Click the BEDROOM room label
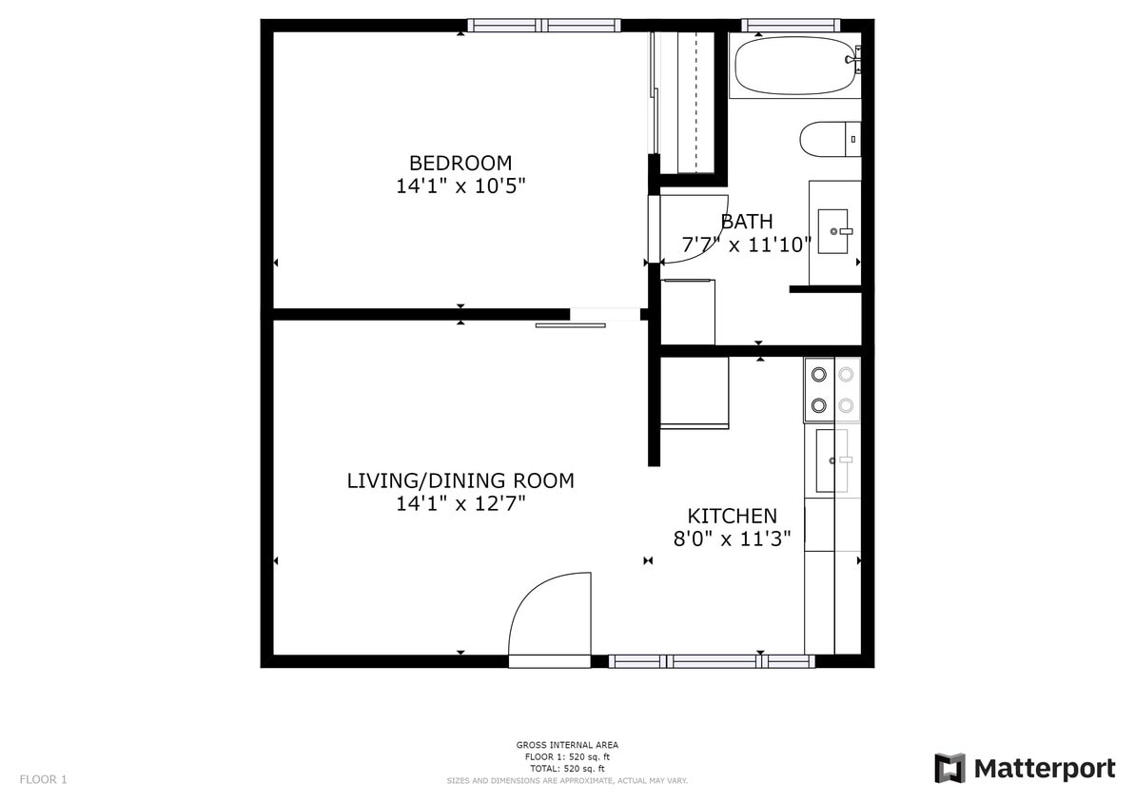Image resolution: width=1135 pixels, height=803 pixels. tap(460, 163)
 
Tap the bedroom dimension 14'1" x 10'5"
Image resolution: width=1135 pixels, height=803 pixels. tap(460, 186)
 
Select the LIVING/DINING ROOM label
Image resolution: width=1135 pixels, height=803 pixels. tap(460, 480)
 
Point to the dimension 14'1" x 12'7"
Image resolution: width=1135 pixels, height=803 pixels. tap(460, 503)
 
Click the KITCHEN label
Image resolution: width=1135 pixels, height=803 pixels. tap(732, 516)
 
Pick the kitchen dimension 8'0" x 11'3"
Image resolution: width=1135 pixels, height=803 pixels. tap(732, 539)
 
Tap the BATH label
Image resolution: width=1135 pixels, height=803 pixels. tap(747, 222)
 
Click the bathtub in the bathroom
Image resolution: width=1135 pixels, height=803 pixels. tap(794, 66)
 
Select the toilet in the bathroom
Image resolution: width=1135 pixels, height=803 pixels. tap(829, 139)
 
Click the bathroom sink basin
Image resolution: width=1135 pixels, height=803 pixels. tap(833, 231)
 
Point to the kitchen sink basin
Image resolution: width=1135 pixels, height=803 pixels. tap(832, 460)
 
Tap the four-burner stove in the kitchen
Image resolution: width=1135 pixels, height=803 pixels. tap(832, 390)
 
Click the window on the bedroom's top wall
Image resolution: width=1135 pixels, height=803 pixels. tap(543, 26)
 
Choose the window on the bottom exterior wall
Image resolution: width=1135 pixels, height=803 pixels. tap(712, 661)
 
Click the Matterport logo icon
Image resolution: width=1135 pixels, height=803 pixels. tap(949, 768)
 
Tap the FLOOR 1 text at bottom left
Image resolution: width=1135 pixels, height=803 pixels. tap(44, 780)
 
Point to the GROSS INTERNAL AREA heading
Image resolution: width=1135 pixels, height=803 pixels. tap(567, 745)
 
